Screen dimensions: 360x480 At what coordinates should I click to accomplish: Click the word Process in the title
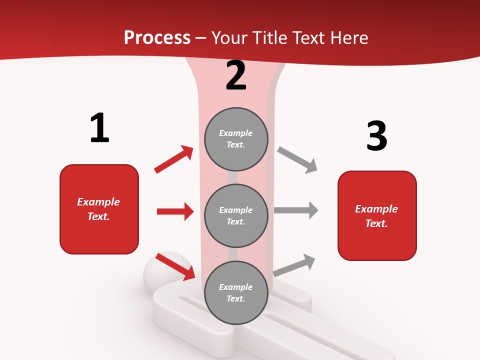(x=157, y=37)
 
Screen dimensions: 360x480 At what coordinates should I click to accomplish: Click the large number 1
(x=99, y=128)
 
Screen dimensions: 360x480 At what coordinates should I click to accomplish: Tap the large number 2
(x=236, y=75)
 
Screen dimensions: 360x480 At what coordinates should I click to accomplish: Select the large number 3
(x=376, y=136)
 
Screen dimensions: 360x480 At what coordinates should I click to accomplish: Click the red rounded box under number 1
(x=99, y=209)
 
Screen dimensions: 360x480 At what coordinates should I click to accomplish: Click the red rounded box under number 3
(x=377, y=216)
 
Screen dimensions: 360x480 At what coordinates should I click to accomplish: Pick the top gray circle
(x=236, y=139)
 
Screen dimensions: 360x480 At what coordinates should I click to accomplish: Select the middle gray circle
(x=236, y=215)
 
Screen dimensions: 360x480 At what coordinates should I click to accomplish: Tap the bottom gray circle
(x=236, y=292)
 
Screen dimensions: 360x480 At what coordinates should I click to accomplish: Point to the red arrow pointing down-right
(x=175, y=266)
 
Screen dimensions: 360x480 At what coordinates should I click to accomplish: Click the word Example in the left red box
(x=98, y=202)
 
